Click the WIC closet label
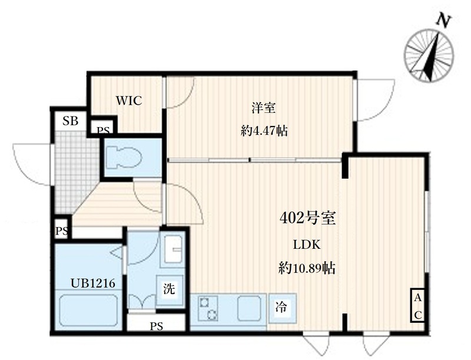pos(129,101)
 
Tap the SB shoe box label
pos(70,122)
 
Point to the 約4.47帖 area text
pos(264,131)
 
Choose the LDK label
pos(307,245)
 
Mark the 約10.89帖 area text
pos(307,269)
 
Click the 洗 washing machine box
pos(169,289)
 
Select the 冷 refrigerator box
pos(281,306)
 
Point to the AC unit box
pos(417,306)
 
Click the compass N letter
pos(443,22)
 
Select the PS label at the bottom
pos(156,325)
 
